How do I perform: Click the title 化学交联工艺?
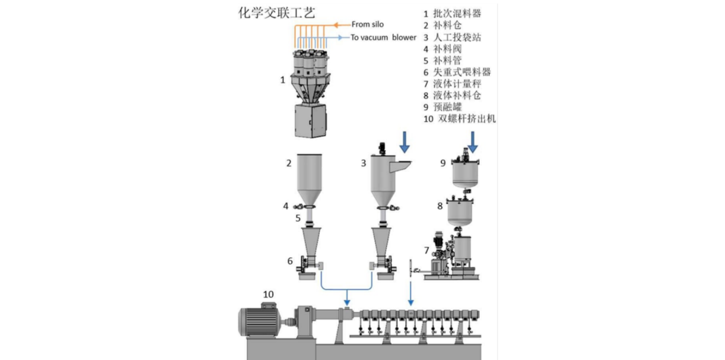(276, 12)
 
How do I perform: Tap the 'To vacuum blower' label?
(383, 37)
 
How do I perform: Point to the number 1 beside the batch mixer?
(282, 80)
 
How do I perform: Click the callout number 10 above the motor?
(268, 294)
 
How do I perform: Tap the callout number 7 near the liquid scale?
(426, 251)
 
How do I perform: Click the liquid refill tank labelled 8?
(460, 211)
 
